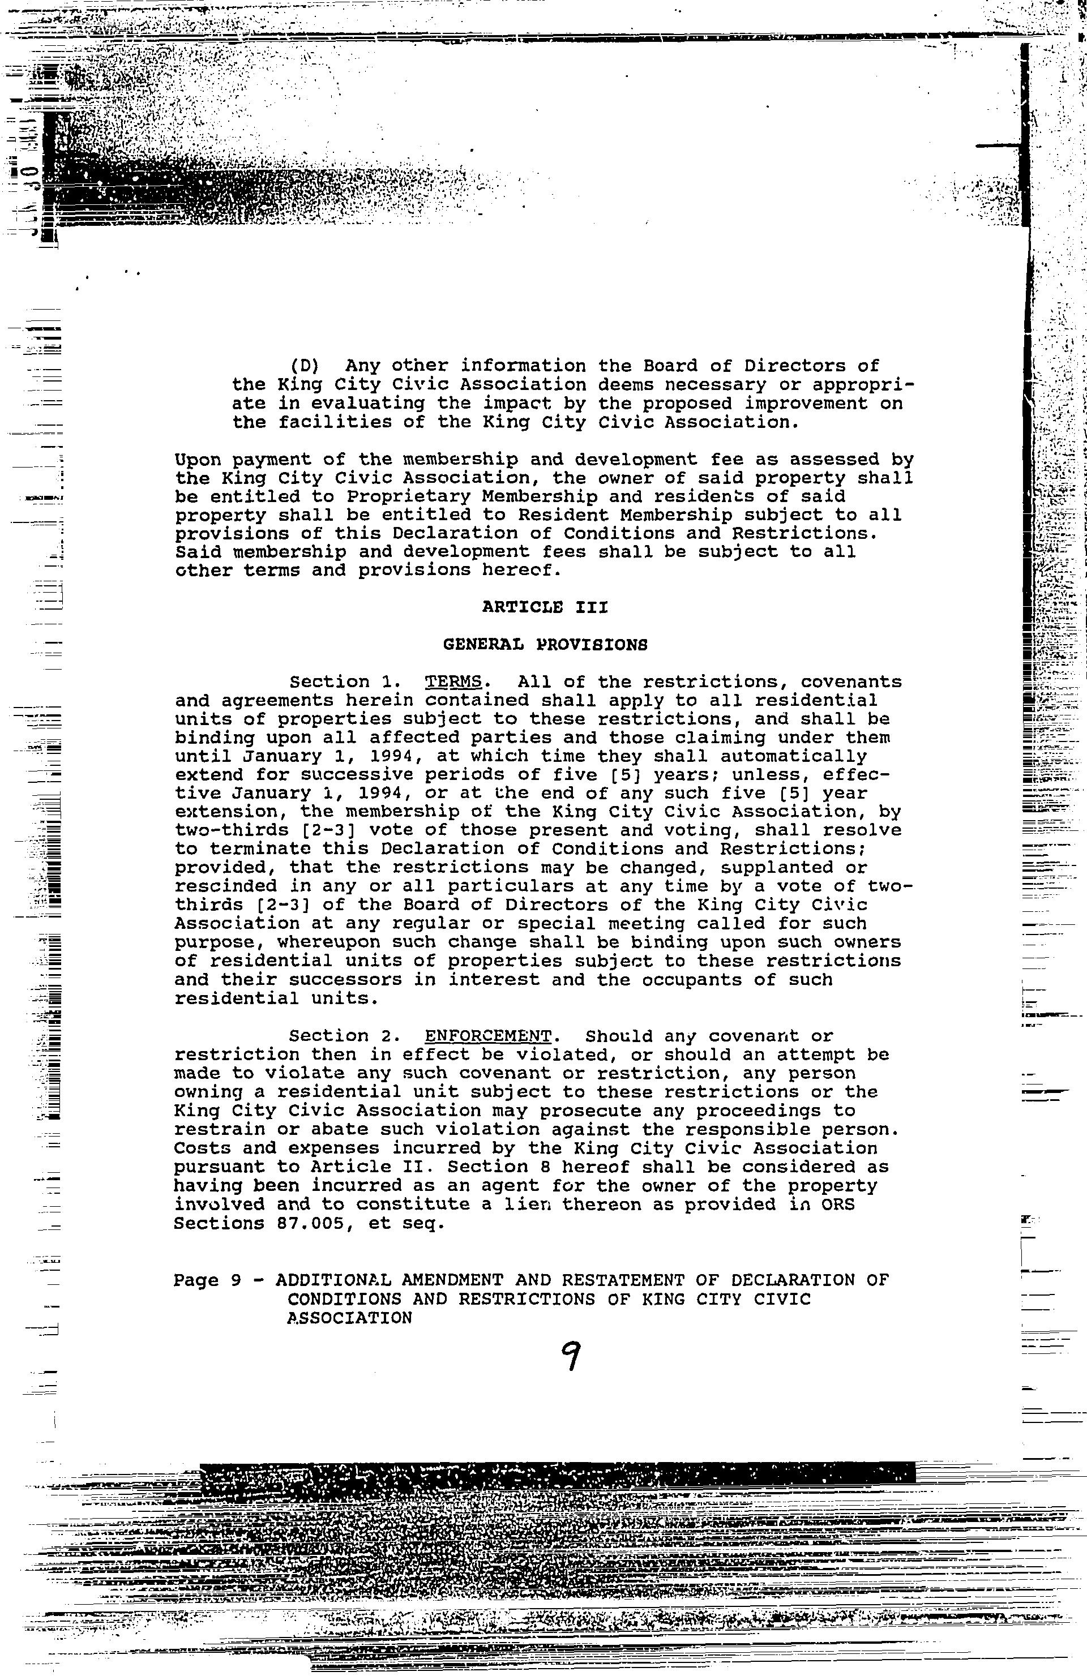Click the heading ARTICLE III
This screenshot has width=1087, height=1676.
pos(545,607)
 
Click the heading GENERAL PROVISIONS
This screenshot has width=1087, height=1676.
pos(545,644)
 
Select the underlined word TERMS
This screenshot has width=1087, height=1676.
pos(453,681)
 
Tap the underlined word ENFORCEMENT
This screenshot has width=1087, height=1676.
pos(487,1036)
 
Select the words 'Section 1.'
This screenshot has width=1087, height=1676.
pos(340,681)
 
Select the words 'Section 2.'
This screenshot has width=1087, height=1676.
pos(340,1036)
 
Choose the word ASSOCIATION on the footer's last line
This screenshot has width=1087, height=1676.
pos(349,1318)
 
